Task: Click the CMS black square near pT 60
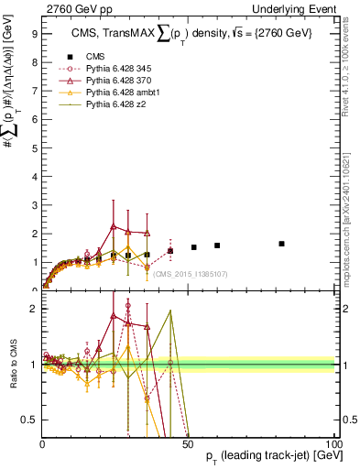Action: coord(217,245)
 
